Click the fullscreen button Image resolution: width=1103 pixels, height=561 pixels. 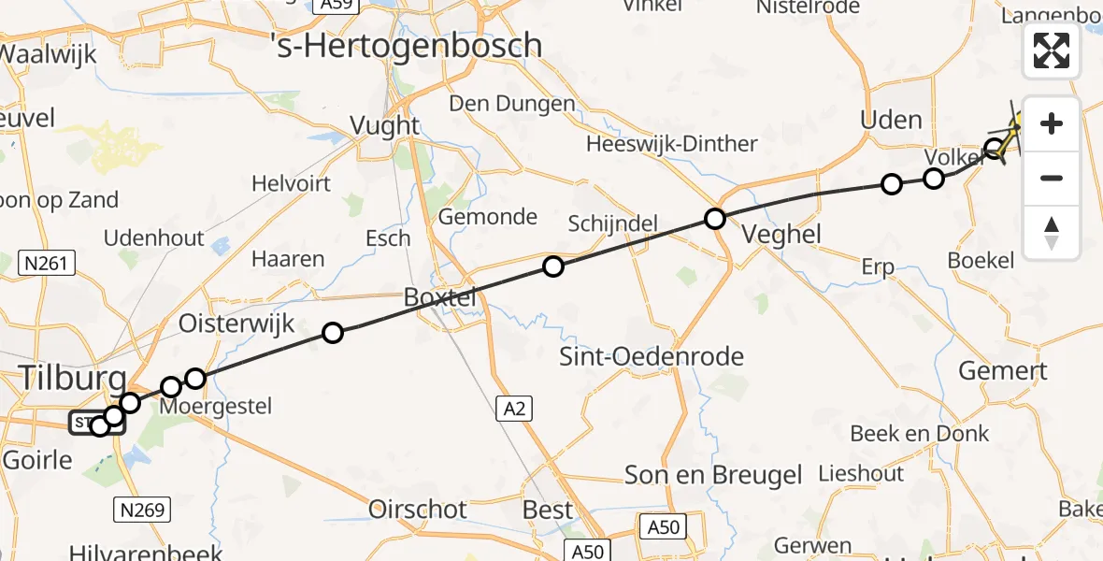[1052, 50]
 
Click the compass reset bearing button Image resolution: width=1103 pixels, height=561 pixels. [1052, 232]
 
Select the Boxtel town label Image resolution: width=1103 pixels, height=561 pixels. [439, 298]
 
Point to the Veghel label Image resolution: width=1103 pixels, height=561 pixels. [782, 234]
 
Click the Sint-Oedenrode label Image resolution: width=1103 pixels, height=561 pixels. [651, 356]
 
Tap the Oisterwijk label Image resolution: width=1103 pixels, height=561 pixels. [236, 324]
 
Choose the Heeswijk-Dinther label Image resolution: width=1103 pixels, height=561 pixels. [671, 144]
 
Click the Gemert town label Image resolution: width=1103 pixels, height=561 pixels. [1003, 371]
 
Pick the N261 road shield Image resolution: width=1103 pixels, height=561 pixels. [47, 265]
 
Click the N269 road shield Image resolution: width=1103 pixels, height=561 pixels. [142, 510]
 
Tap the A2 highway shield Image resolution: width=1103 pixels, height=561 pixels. [510, 408]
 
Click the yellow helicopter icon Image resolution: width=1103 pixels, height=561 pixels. [1011, 130]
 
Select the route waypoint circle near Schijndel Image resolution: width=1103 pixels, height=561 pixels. [553, 267]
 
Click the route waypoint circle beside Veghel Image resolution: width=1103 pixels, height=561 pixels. [715, 220]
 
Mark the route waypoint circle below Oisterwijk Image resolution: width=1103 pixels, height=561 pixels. [332, 332]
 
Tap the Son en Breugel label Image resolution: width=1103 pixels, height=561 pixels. [713, 476]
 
